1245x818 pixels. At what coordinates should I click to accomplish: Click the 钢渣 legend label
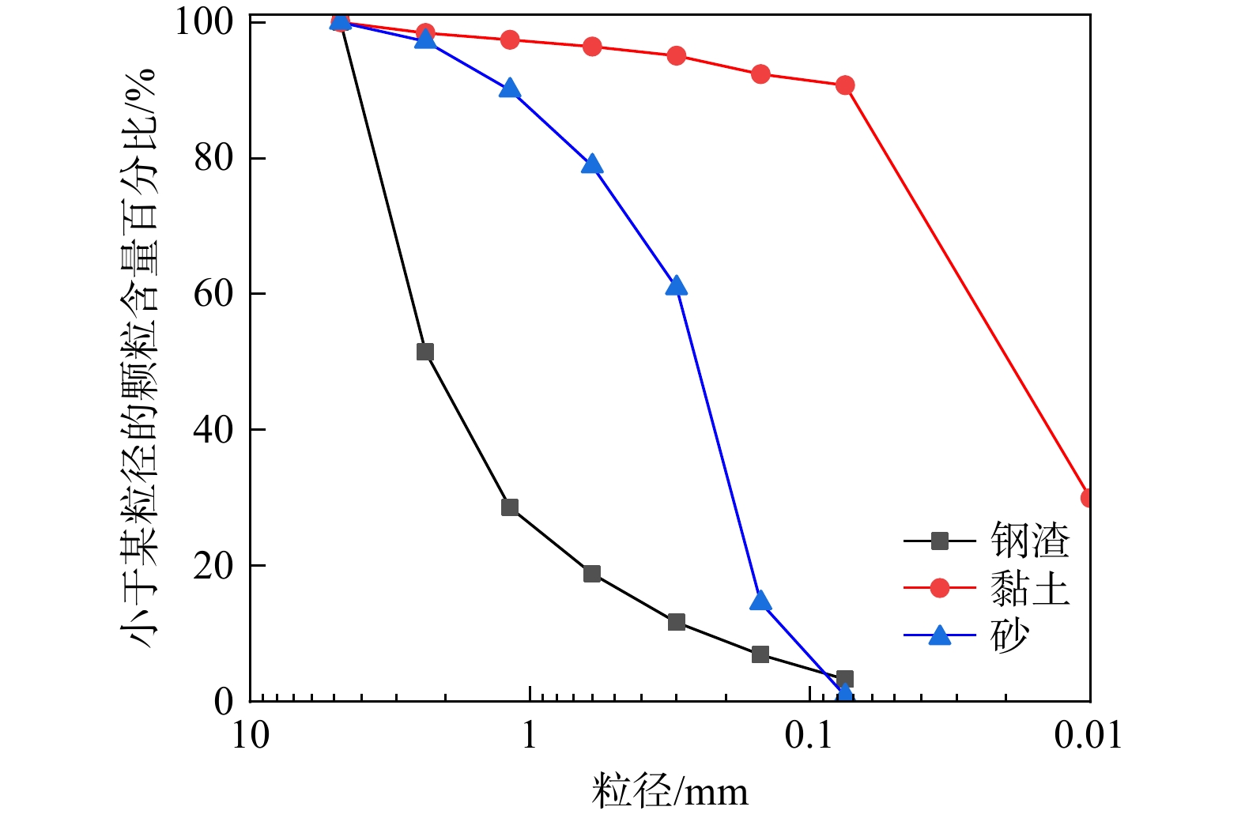point(1029,541)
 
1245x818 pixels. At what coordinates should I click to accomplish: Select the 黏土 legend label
point(1029,588)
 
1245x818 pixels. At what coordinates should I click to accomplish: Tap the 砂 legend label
point(1009,635)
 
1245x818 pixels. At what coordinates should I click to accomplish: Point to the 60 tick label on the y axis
point(213,294)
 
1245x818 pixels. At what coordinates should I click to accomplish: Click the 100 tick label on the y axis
point(204,22)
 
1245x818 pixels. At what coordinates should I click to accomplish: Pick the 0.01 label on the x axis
point(1088,736)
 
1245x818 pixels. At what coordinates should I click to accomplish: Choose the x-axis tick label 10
point(251,736)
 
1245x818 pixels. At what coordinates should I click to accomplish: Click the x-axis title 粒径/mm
point(670,791)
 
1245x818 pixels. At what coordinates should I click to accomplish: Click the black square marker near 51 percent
point(425,352)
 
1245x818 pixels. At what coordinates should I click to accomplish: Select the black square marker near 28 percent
point(510,507)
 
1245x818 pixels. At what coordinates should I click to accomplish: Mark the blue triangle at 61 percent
point(676,286)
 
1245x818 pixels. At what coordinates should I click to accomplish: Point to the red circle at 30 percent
point(1088,498)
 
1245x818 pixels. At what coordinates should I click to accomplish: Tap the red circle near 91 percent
point(845,85)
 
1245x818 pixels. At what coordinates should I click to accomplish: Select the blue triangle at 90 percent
point(510,89)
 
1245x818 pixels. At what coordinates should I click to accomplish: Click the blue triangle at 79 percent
point(592,165)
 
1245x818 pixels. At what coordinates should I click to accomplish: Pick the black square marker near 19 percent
point(592,574)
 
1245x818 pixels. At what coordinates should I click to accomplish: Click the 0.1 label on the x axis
point(809,736)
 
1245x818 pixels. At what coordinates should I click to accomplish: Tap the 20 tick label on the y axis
point(213,566)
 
